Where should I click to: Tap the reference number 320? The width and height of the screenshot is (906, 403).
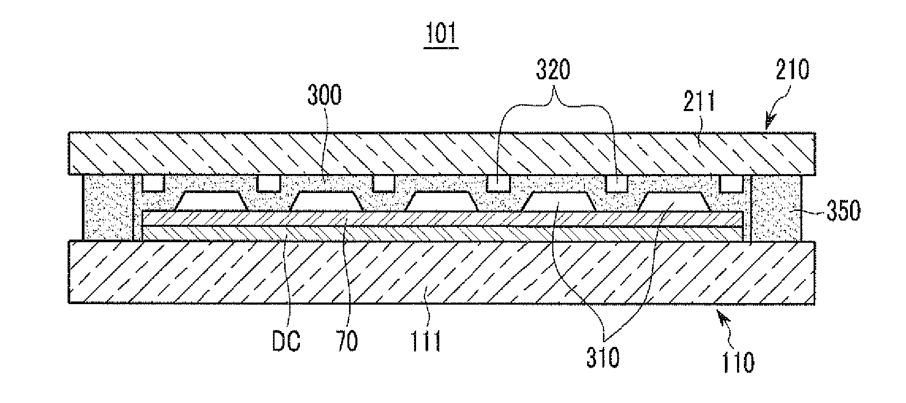pyautogui.click(x=553, y=70)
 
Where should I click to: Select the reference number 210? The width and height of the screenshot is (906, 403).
pyautogui.click(x=792, y=69)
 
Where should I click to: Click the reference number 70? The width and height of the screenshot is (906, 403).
pyautogui.click(x=346, y=342)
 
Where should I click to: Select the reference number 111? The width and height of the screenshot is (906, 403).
pyautogui.click(x=427, y=342)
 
